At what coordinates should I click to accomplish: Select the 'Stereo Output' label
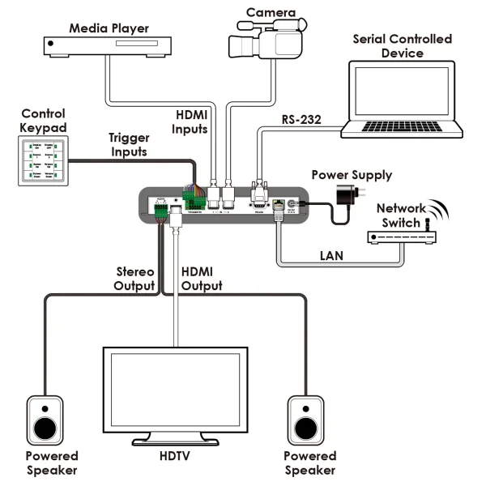click(x=133, y=279)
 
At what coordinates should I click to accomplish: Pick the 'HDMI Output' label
click(x=202, y=279)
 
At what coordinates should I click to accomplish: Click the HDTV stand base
click(x=175, y=441)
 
